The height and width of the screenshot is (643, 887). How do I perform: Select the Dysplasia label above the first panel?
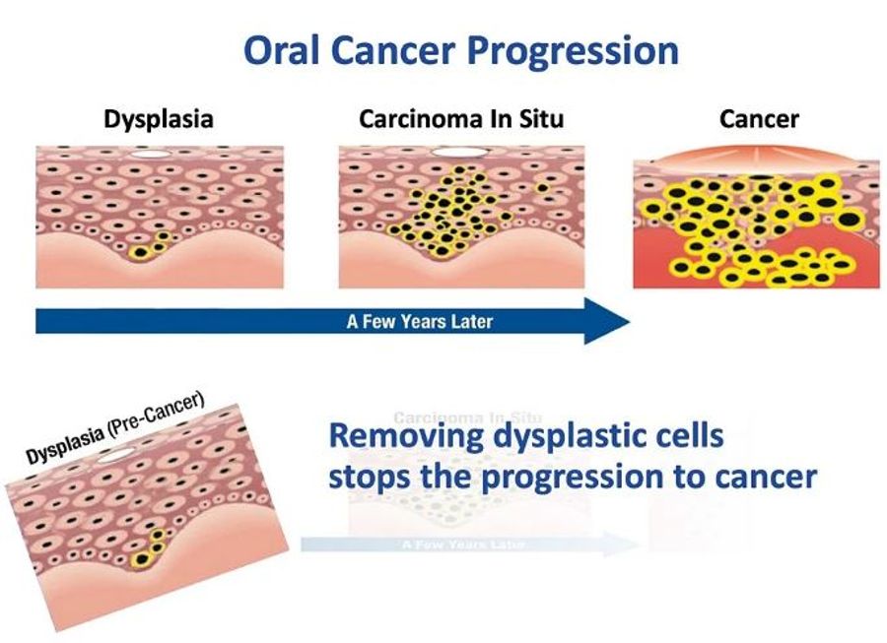[x=159, y=120]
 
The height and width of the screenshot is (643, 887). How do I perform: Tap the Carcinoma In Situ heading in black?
[x=461, y=120]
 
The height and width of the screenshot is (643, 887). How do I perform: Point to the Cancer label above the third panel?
[x=759, y=120]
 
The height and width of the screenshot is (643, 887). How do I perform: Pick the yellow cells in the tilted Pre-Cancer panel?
[x=153, y=547]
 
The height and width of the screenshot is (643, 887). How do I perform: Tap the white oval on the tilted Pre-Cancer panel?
[x=119, y=455]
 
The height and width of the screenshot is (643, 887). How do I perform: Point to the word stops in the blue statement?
[x=375, y=478]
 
